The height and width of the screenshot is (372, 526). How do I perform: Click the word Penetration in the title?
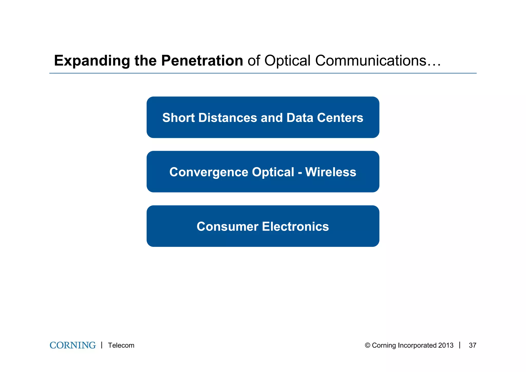point(202,61)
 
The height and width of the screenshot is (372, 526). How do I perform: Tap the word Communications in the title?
point(371,61)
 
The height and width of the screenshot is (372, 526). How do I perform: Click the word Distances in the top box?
point(228,118)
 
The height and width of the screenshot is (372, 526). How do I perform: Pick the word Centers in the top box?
point(340,118)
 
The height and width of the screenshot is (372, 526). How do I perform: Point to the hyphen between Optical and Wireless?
point(300,173)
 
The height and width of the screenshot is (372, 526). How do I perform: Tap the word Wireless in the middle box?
point(331,172)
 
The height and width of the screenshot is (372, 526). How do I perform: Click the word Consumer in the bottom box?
point(227,226)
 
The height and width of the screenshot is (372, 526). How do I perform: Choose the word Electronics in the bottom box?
point(295,226)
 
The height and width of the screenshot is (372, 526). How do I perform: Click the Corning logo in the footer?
point(73,345)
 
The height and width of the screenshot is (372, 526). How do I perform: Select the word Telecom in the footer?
point(121,345)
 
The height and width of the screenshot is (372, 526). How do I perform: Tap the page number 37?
point(472,345)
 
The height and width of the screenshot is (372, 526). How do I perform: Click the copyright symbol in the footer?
point(368,345)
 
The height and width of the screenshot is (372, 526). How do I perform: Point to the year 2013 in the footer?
point(446,345)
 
